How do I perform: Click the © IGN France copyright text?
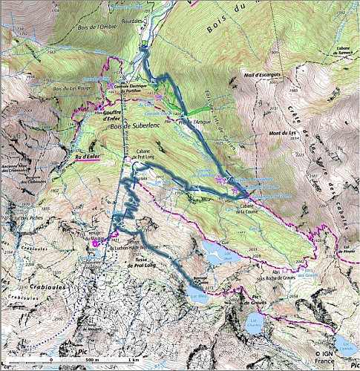click(x=331, y=358)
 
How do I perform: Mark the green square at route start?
click(x=144, y=50)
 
